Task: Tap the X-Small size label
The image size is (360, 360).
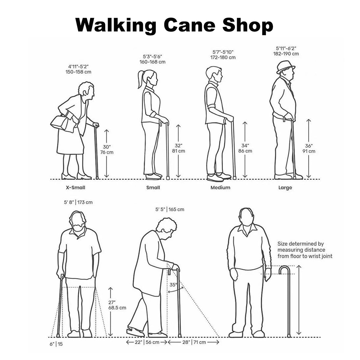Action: [x=76, y=188]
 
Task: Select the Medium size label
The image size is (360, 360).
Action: [x=220, y=187]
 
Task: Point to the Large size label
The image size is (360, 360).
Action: [x=285, y=188]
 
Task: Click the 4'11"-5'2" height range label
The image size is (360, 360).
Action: [x=78, y=66]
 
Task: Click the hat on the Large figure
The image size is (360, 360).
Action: [x=285, y=66]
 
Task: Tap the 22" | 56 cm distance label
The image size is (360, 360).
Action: [x=147, y=342]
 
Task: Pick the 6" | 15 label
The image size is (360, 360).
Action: [x=56, y=344]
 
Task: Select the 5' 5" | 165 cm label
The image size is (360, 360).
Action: [x=170, y=209]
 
